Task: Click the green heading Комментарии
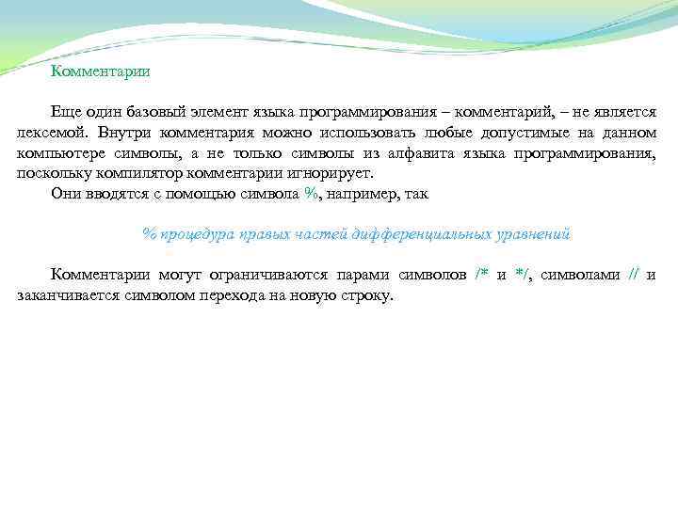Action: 100,71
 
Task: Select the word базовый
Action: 159,112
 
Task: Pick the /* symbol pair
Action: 481,275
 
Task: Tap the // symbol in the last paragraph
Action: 634,275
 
